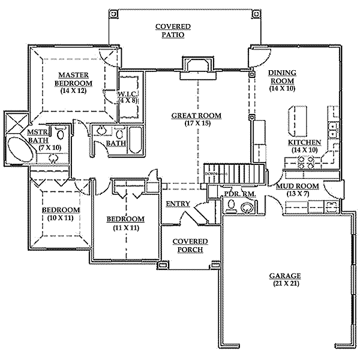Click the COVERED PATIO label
[173, 31]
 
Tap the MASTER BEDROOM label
[73, 79]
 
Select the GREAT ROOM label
[197, 115]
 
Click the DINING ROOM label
[283, 77]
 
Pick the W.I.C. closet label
[128, 94]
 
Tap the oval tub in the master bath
[20, 149]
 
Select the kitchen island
[298, 121]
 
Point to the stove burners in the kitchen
[305, 162]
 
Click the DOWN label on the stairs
[211, 174]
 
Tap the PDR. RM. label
[240, 194]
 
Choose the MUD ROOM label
[298, 186]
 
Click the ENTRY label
[178, 203]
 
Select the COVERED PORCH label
[190, 245]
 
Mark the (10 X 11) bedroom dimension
[61, 218]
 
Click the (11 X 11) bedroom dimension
[126, 228]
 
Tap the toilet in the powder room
[231, 205]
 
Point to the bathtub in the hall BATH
[136, 140]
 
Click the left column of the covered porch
[163, 265]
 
